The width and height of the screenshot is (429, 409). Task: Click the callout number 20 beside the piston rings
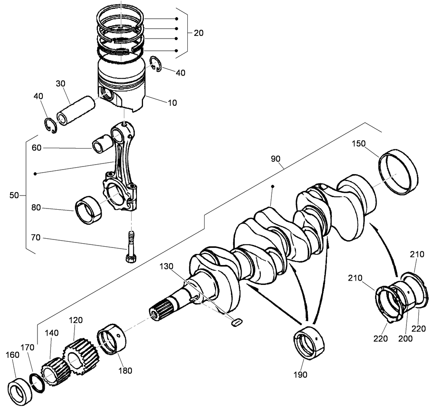pyautogui.click(x=198, y=33)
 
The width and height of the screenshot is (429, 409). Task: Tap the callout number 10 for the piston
pyautogui.click(x=172, y=103)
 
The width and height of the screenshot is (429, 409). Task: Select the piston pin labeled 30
pyautogui.click(x=76, y=109)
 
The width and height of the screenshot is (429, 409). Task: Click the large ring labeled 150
pyautogui.click(x=398, y=172)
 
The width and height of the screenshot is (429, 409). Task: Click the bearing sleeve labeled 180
pyautogui.click(x=112, y=338)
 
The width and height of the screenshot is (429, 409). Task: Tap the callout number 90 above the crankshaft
pyautogui.click(x=276, y=159)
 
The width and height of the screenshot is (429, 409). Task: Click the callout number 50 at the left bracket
pyautogui.click(x=14, y=195)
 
